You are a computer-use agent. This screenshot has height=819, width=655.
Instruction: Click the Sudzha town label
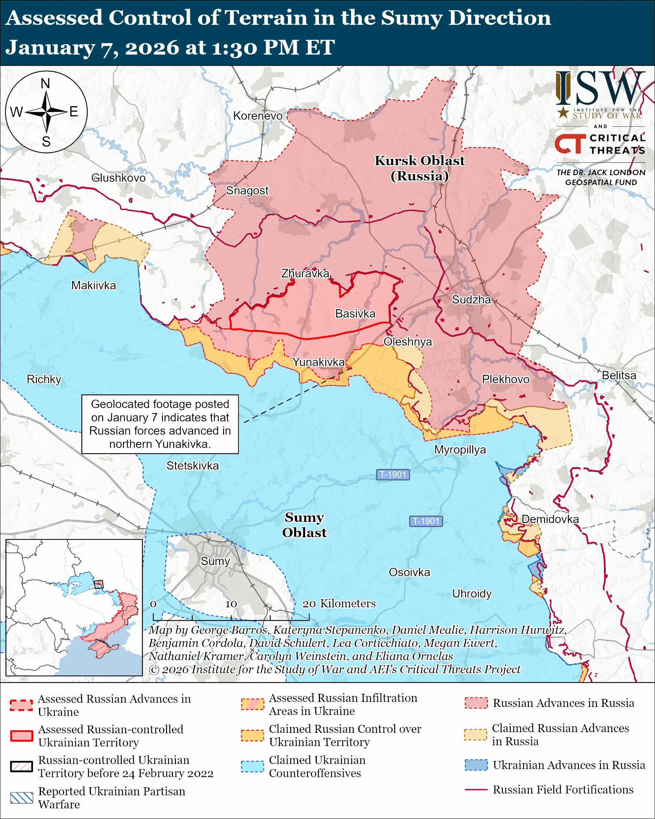tap(471, 300)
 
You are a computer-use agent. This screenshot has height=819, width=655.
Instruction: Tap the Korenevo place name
tap(258, 116)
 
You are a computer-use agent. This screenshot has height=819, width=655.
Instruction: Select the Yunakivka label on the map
tap(318, 362)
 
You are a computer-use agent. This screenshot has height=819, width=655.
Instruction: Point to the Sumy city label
tap(215, 561)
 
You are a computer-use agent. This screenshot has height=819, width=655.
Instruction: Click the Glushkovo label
tap(119, 178)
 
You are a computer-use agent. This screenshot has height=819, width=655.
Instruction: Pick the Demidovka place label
tap(550, 519)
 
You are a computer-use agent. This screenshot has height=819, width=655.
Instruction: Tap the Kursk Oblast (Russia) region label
tap(420, 168)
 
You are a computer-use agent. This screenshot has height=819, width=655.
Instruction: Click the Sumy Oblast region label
tap(304, 525)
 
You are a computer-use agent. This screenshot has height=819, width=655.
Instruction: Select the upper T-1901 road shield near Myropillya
tap(393, 474)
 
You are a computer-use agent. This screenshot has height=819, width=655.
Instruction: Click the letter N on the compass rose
tap(46, 84)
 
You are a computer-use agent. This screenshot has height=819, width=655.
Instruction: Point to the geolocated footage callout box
tap(160, 424)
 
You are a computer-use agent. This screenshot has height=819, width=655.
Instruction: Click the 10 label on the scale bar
tap(231, 604)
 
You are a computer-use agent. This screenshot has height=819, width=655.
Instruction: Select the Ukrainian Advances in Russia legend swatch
tap(476, 765)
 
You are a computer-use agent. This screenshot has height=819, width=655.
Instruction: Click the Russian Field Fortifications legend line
tap(476, 790)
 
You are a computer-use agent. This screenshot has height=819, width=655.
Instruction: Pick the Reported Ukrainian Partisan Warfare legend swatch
tap(22, 798)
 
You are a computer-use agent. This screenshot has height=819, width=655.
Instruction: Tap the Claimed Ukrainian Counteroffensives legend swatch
tap(253, 766)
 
